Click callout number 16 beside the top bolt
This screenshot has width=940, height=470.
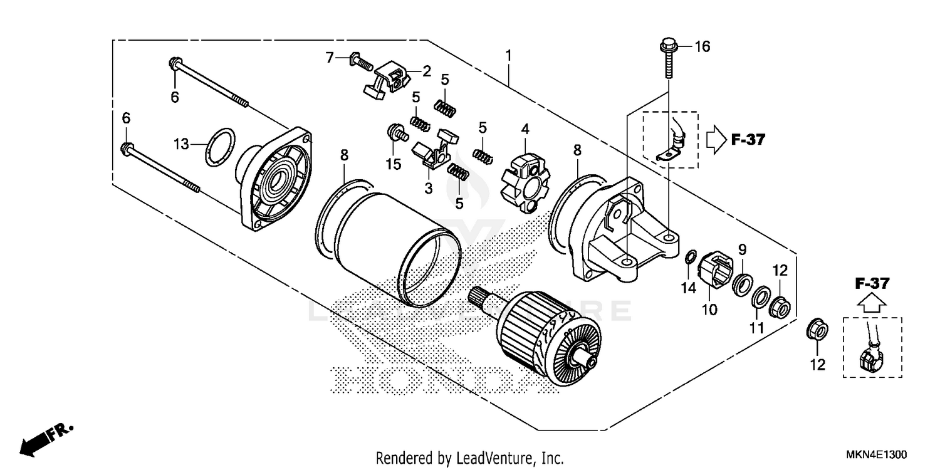702,47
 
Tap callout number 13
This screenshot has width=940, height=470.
181,145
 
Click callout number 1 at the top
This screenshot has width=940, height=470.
508,56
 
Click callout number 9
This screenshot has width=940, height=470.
742,249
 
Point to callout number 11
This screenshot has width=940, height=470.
756,328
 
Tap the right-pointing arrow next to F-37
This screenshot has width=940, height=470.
715,140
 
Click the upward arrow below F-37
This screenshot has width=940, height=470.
872,305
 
